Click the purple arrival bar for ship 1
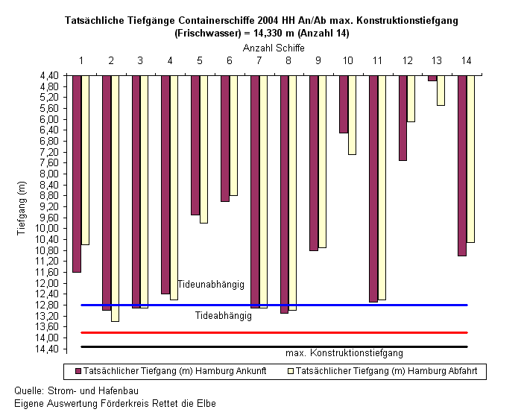(77, 174)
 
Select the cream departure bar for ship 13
(441, 91)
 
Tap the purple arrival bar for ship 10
(344, 104)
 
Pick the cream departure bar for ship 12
(411, 98)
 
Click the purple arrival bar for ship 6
(225, 139)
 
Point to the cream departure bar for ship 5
(203, 149)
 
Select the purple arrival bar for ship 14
(462, 165)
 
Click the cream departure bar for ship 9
(322, 162)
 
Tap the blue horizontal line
(274, 305)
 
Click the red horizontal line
(274, 333)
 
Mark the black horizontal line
(274, 347)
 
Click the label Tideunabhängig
(211, 285)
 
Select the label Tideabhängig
(224, 316)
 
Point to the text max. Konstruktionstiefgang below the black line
(344, 353)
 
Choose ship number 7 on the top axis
(259, 60)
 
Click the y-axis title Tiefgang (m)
(21, 208)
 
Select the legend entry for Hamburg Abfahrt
(383, 371)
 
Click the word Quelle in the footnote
(28, 390)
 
